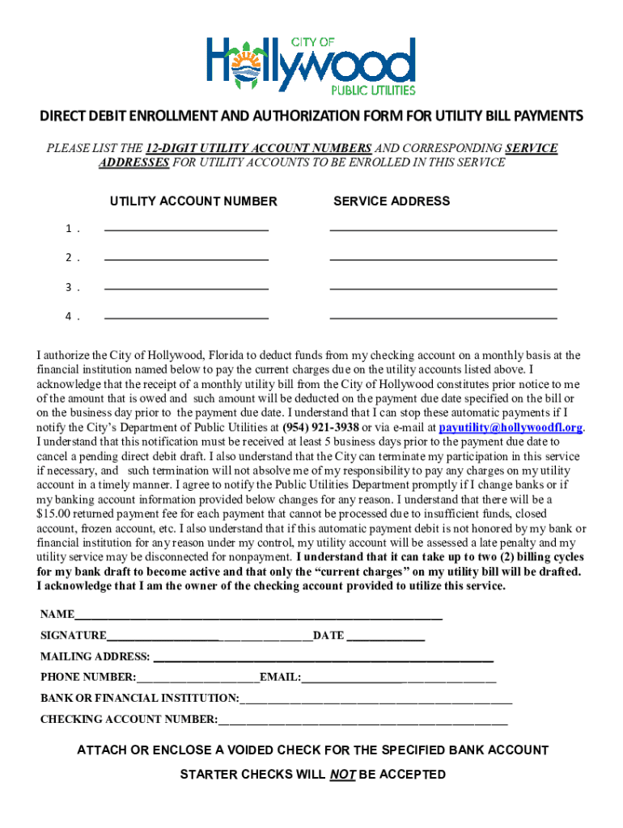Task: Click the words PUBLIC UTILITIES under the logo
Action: pyautogui.click(x=373, y=89)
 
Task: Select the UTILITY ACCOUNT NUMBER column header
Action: pyautogui.click(x=193, y=201)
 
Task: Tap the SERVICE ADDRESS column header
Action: pyautogui.click(x=392, y=201)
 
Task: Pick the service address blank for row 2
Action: pyautogui.click(x=443, y=257)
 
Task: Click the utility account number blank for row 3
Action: pyautogui.click(x=186, y=286)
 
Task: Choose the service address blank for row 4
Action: pyautogui.click(x=443, y=315)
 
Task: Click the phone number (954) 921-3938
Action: pyautogui.click(x=320, y=427)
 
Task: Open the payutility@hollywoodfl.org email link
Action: pyautogui.click(x=511, y=427)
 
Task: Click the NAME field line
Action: pyautogui.click(x=259, y=616)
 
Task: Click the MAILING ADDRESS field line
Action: pyautogui.click(x=322, y=658)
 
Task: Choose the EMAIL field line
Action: pyautogui.click(x=399, y=678)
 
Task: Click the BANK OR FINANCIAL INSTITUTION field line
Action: pyautogui.click(x=376, y=699)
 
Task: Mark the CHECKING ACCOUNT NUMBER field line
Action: pyautogui.click(x=362, y=720)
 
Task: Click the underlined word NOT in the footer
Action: pyautogui.click(x=342, y=775)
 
